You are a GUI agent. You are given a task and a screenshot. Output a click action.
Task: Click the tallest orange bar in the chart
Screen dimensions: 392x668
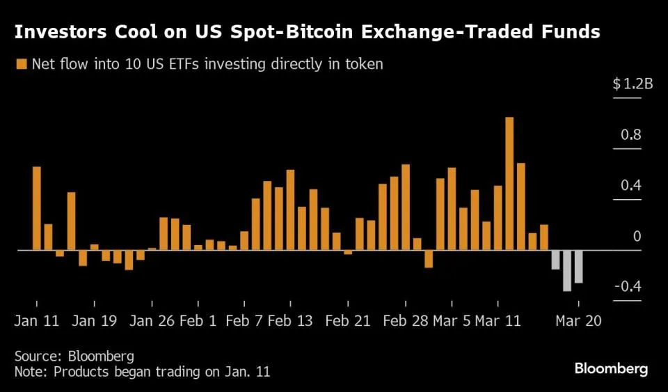tap(509, 183)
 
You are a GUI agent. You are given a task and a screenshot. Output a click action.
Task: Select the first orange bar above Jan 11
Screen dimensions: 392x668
tap(36, 208)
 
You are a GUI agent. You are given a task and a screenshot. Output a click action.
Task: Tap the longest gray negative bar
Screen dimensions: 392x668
tap(567, 270)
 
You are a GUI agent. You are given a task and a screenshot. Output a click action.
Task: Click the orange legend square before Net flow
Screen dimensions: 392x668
tap(21, 65)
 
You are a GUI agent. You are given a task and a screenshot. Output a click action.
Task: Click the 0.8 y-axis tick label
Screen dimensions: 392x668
tap(631, 135)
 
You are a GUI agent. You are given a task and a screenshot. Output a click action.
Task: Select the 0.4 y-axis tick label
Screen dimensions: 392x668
tap(631, 186)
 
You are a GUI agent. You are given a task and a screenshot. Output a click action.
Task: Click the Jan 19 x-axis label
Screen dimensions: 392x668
tap(94, 321)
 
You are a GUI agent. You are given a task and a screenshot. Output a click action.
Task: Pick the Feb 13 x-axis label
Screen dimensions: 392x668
tap(290, 321)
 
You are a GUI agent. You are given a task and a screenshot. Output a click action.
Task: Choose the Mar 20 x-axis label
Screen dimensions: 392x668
tap(578, 321)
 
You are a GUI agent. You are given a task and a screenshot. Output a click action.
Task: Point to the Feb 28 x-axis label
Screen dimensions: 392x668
tap(406, 321)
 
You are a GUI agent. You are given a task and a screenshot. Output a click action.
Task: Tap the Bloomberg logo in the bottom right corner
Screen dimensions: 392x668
tap(611, 368)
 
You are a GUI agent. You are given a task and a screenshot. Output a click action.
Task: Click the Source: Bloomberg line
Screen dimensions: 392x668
tap(74, 356)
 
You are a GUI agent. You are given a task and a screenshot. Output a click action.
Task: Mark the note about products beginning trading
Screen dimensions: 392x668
tap(142, 372)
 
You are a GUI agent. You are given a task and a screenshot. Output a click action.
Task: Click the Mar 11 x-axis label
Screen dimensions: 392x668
tap(497, 321)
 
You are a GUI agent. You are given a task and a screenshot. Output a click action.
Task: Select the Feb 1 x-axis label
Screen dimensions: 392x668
tap(198, 321)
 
